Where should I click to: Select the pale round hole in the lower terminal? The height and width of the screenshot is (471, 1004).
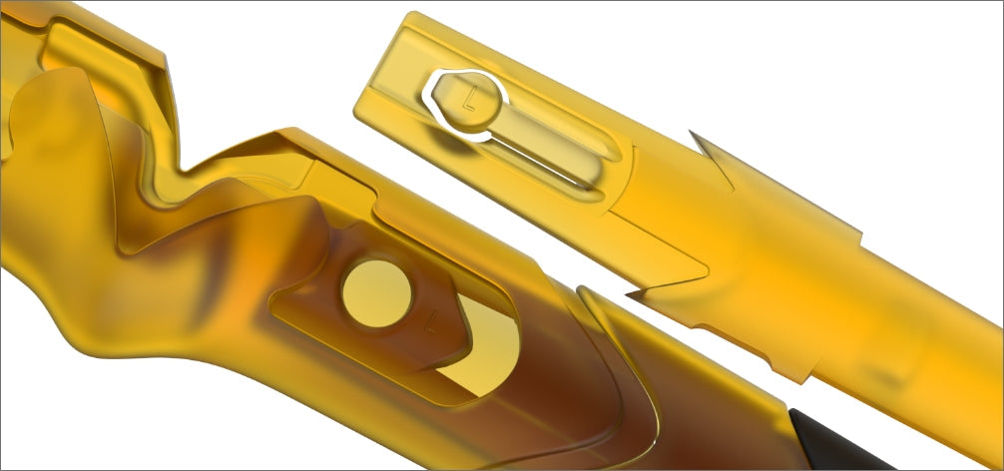(376, 293)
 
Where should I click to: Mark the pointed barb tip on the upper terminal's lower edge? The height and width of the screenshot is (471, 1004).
(631, 294)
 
